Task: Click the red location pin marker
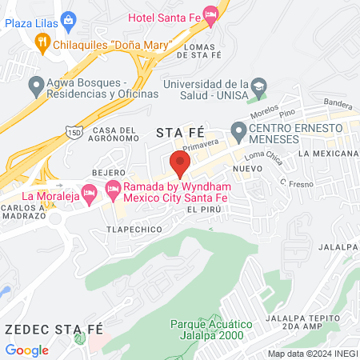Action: [180, 163]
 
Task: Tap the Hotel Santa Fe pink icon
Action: [211, 14]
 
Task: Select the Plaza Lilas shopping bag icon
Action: [67, 19]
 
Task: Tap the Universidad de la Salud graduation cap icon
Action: [258, 86]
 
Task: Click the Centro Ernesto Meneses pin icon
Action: [238, 130]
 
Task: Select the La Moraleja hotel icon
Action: [90, 192]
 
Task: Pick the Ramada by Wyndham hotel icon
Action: [112, 189]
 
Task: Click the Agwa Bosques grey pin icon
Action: [35, 83]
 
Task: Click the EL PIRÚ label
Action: [202, 209]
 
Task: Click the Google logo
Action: [27, 350]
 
